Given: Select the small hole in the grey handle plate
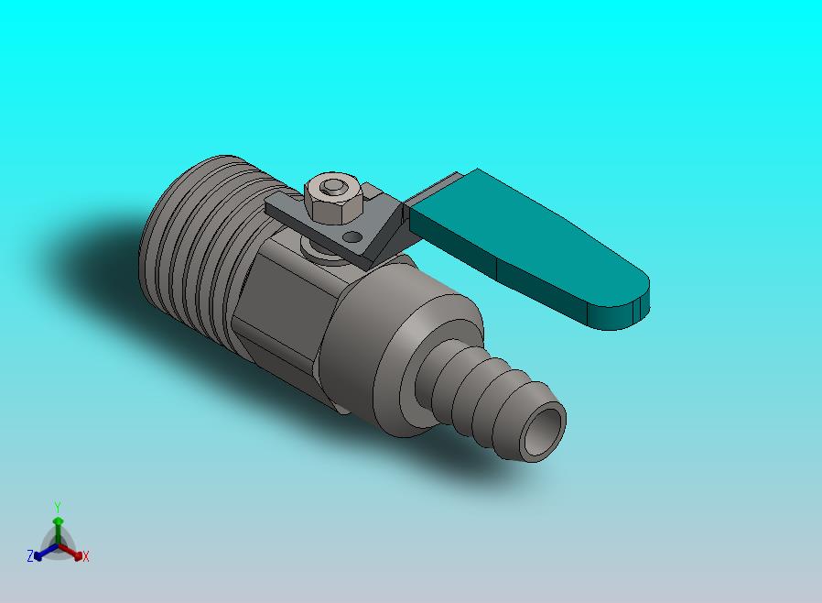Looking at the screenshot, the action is tap(354, 237).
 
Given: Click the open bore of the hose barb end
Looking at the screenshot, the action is tap(544, 432).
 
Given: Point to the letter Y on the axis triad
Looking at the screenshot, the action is tap(58, 507).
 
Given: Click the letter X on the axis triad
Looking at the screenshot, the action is tap(86, 556).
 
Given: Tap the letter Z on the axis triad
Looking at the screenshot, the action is tap(30, 555).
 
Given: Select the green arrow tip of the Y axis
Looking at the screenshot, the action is tap(58, 521).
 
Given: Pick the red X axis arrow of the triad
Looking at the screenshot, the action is tap(70, 551).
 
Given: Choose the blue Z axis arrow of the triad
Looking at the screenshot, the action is tap(46, 552).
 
